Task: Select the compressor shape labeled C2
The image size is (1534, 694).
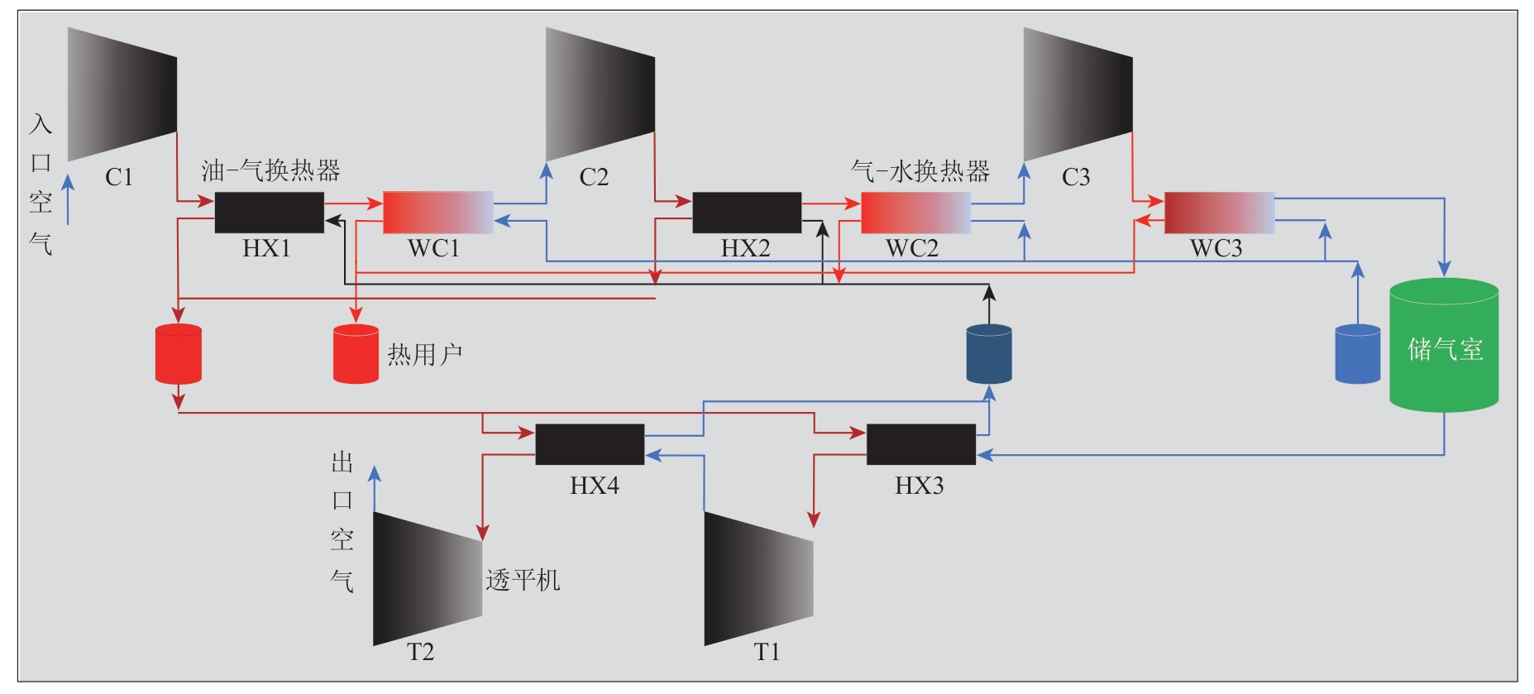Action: click(600, 94)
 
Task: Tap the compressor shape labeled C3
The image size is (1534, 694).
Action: click(1078, 94)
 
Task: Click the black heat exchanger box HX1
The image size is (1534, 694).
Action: click(270, 213)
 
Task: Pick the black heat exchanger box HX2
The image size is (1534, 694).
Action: click(747, 213)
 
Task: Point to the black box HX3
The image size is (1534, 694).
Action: click(921, 444)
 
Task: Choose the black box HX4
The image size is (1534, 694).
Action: click(590, 444)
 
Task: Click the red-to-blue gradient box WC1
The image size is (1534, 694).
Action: click(438, 213)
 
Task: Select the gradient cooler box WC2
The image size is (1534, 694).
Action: click(916, 213)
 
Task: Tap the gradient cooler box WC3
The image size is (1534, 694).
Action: click(1220, 213)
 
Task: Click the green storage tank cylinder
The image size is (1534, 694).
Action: click(1444, 346)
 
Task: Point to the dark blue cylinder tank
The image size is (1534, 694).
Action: click(989, 354)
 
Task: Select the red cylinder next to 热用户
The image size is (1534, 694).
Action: click(356, 354)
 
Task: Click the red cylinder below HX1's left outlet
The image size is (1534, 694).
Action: click(179, 354)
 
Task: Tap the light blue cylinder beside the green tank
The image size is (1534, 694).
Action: click(1358, 354)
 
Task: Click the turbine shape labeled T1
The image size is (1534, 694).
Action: click(759, 579)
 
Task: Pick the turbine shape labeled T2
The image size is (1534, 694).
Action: click(428, 579)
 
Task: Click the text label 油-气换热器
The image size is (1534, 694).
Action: click(271, 171)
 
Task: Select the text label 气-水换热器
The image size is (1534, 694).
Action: click(920, 171)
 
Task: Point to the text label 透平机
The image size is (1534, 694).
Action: click(523, 580)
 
